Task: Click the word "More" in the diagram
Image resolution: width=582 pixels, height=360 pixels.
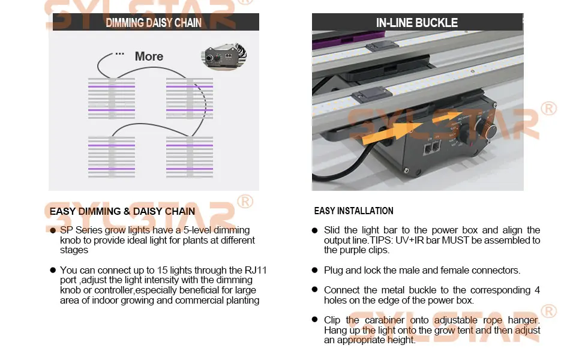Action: pyautogui.click(x=149, y=56)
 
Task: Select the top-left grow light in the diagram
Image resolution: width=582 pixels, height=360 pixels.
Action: pyautogui.click(x=112, y=98)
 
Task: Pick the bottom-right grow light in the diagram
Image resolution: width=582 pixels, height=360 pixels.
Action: pyautogui.click(x=189, y=157)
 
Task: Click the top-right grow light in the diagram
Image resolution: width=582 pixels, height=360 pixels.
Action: pyautogui.click(x=189, y=98)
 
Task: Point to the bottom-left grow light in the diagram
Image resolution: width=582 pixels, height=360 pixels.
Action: pyautogui.click(x=112, y=157)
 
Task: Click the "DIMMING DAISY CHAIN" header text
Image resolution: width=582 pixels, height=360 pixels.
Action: pyautogui.click(x=154, y=23)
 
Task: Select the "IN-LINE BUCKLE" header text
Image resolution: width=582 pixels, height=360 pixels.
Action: pyautogui.click(x=417, y=23)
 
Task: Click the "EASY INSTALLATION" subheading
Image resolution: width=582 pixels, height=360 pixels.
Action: pyautogui.click(x=354, y=211)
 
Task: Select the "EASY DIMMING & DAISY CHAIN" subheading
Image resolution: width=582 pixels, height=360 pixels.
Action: pyautogui.click(x=122, y=211)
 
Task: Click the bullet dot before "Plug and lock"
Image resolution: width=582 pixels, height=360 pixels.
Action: pyautogui.click(x=315, y=271)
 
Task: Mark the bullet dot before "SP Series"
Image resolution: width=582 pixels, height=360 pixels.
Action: pyautogui.click(x=53, y=230)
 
